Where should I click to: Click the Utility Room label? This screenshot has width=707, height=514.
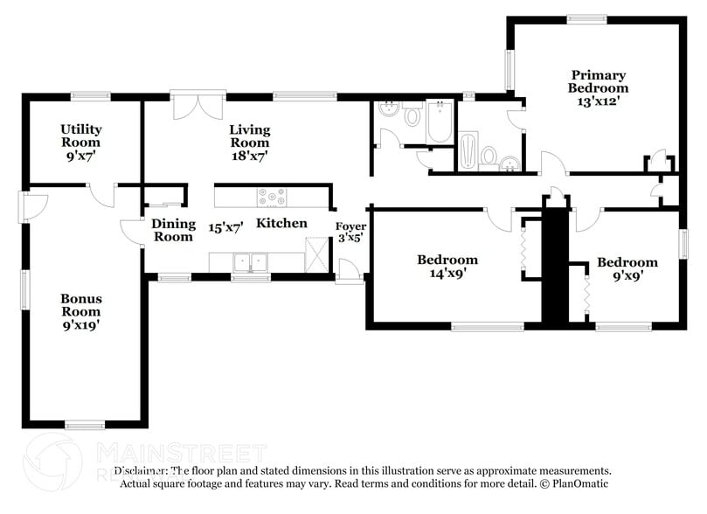[80, 142]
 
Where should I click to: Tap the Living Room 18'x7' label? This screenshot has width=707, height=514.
[249, 142]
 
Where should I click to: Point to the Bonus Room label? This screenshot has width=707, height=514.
[80, 311]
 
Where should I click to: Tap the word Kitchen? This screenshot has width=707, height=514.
[281, 223]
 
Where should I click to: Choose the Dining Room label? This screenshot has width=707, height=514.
[173, 230]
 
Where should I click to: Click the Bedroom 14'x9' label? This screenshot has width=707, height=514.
[447, 266]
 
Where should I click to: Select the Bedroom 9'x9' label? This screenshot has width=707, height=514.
[627, 269]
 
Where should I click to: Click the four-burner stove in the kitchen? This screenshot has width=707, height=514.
[271, 198]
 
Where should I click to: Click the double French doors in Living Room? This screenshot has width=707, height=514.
[191, 107]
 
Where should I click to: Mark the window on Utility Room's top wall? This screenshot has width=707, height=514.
[90, 96]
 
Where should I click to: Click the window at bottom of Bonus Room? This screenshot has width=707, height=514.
[85, 425]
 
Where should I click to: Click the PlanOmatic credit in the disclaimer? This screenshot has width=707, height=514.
[574, 483]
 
